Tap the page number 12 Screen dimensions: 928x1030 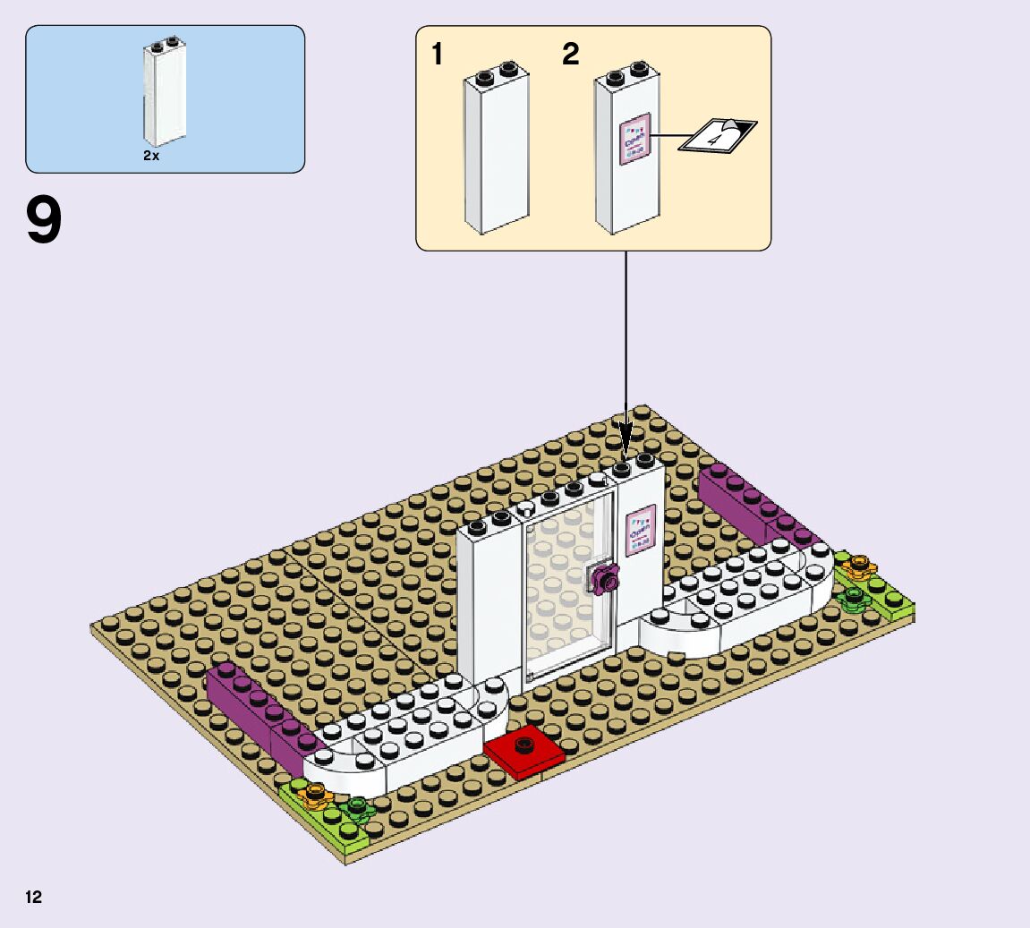click(34, 898)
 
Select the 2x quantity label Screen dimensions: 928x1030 click(151, 155)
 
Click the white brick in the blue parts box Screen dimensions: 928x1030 click(164, 94)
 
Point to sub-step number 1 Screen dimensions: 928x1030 click(437, 55)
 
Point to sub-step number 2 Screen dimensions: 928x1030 click(571, 55)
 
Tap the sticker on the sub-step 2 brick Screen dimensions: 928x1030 click(634, 140)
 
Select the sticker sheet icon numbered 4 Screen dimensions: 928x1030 click(718, 136)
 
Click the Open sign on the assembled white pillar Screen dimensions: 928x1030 click(640, 530)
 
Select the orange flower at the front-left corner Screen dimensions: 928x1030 click(314, 794)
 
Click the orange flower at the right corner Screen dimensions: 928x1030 click(859, 566)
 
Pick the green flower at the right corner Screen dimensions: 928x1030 click(854, 597)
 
